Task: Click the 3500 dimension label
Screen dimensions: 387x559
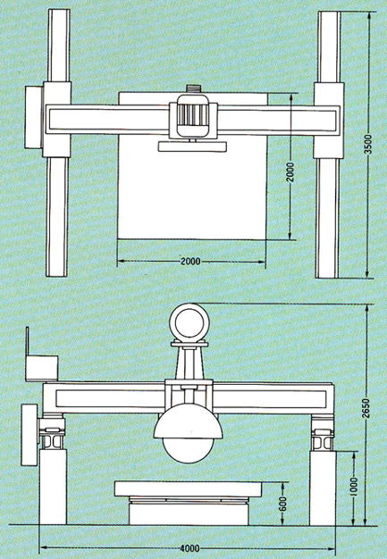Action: pos(368,144)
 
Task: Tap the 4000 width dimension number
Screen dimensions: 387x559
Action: pos(189,548)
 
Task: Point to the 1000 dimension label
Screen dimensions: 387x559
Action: pos(353,487)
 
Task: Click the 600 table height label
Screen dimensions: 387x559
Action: pos(282,504)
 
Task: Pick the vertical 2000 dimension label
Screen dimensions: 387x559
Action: pos(290,172)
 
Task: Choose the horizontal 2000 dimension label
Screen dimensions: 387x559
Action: pos(190,262)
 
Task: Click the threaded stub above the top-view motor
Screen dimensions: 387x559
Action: pos(193,89)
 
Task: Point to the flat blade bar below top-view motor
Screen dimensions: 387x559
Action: pos(193,146)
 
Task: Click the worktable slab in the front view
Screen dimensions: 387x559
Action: pos(189,488)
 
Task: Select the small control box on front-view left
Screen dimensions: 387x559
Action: pos(42,368)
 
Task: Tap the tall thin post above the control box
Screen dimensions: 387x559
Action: pos(27,341)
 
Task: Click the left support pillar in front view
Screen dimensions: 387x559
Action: pos(53,487)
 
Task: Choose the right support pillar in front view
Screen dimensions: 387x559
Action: pos(323,488)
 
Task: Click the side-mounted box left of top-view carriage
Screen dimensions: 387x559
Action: pos(34,117)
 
